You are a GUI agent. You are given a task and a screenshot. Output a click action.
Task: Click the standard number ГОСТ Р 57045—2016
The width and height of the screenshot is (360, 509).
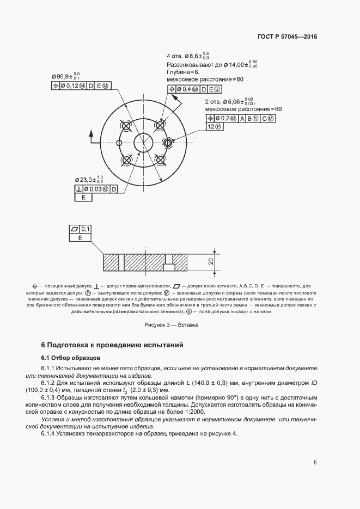[x=286, y=37]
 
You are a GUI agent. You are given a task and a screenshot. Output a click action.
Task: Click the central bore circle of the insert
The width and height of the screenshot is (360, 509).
[x=144, y=143]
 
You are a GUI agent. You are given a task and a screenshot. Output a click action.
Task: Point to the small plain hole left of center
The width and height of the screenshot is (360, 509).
[x=119, y=143]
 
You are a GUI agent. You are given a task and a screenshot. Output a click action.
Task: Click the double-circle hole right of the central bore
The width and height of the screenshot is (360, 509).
[x=168, y=143]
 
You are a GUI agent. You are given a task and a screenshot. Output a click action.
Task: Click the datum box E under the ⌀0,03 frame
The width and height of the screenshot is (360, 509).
[x=83, y=198]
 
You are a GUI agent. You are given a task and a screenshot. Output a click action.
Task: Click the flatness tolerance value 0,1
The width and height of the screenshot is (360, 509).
[x=86, y=229]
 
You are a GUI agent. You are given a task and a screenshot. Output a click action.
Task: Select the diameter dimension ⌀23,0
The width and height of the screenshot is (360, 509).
[x=88, y=179]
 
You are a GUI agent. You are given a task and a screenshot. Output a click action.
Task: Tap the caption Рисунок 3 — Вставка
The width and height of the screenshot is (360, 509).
[x=171, y=325]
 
